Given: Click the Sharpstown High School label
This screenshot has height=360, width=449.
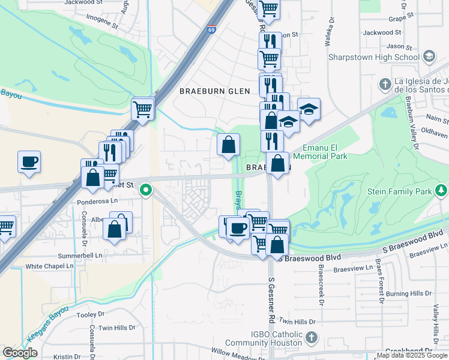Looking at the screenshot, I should click(374, 57).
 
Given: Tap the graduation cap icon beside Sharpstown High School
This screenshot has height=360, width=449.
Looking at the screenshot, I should click(429, 57).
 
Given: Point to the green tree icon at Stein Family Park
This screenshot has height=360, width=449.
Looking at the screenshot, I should click(442, 191).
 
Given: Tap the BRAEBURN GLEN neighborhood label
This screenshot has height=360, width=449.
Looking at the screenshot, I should click(209, 91).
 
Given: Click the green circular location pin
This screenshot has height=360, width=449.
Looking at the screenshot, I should click(145, 191).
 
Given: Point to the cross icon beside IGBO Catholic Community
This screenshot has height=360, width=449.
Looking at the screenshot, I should click(310, 338).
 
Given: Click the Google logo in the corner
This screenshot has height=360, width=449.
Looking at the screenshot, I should click(20, 353).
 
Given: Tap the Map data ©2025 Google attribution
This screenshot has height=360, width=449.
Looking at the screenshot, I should click(412, 355).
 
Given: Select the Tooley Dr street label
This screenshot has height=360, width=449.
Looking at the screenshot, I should click(91, 313).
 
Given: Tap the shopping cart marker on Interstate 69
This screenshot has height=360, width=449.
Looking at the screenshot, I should click(143, 109).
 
